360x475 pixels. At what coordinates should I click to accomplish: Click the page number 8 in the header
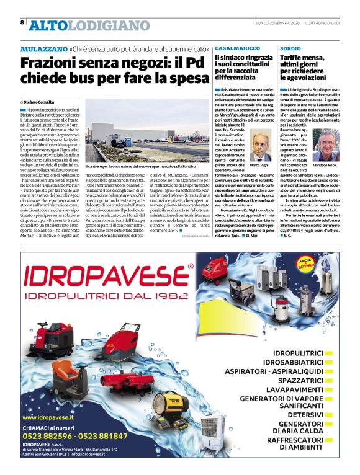coord(22,22)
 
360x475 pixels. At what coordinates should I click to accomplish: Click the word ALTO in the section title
coord(47,25)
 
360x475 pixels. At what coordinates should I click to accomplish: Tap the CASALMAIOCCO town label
coord(238,48)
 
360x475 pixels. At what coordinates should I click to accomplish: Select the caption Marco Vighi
coord(259,166)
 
